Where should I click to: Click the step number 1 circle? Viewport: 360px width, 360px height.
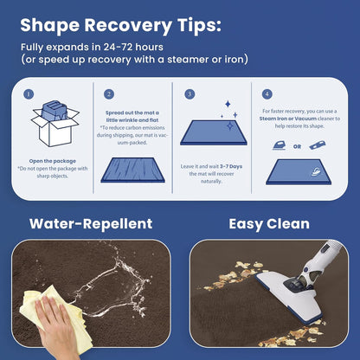[29, 94]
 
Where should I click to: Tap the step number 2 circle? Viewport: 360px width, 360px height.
[109, 94]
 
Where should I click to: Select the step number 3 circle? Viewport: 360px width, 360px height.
[190, 94]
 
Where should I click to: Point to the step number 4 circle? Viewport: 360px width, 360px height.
[267, 94]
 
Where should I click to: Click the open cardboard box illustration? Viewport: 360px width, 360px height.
[55, 123]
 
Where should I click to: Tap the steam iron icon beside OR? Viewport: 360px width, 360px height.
[280, 145]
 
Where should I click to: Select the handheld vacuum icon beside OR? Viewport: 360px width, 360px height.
[318, 145]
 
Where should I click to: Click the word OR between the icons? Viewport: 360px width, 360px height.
[297, 146]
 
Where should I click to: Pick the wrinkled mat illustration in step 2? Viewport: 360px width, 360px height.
[132, 170]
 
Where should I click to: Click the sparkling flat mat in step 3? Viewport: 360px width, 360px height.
[214, 132]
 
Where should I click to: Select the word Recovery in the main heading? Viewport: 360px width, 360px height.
[128, 26]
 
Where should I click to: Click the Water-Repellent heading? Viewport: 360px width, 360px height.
[91, 224]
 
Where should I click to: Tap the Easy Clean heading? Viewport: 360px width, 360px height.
[269, 224]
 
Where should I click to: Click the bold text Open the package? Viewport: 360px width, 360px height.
[53, 161]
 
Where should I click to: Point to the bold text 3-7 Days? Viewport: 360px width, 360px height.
[231, 166]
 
